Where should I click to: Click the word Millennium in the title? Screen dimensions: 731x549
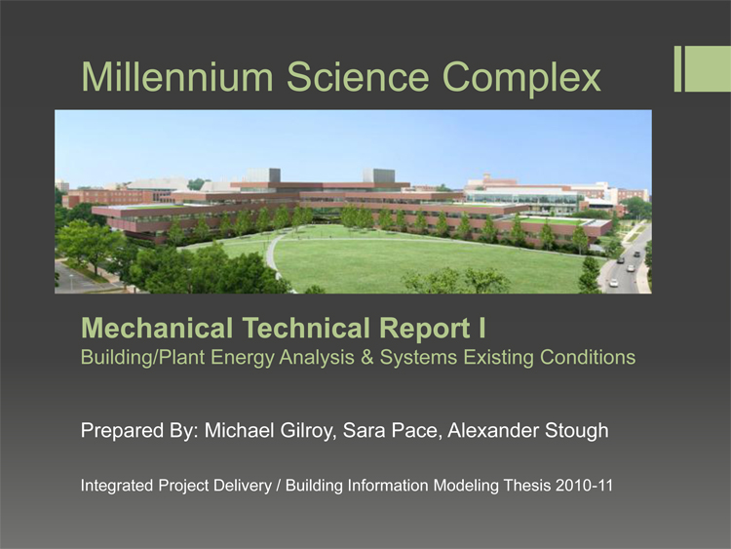point(177,76)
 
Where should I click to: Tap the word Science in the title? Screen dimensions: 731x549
point(358,76)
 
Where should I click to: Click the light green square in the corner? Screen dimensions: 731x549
point(708,68)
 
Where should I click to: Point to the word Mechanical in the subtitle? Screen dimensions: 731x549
point(157,328)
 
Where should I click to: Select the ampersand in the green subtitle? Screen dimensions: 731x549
point(366,358)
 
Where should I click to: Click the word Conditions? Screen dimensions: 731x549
point(588,358)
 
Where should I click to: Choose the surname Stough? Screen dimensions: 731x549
point(576,431)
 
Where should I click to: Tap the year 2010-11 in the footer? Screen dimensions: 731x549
point(584,486)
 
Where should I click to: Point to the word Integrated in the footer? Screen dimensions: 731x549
point(117,487)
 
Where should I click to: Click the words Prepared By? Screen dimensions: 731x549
point(139,431)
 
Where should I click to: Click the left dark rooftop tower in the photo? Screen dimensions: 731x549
point(269,176)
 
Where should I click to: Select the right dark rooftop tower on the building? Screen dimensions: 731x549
point(379,176)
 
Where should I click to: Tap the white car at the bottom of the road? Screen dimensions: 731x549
point(613,283)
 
